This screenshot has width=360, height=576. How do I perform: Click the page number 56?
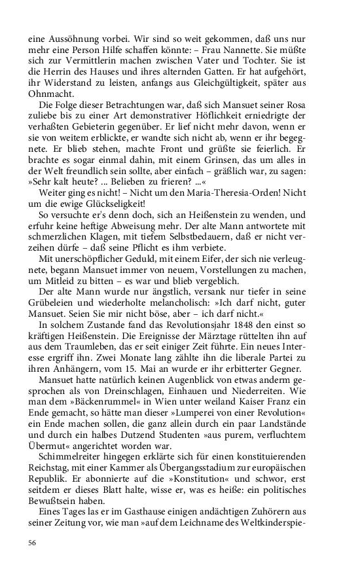[x=33, y=543]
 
